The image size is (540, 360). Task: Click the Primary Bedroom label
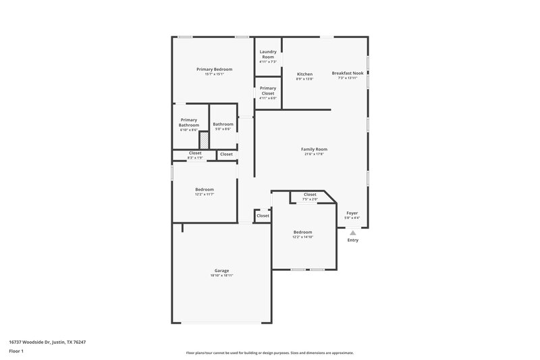pyautogui.click(x=215, y=70)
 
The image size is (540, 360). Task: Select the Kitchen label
pyautogui.click(x=304, y=74)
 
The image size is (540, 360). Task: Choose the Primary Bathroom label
pyautogui.click(x=189, y=122)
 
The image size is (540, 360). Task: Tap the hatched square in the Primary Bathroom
pyautogui.click(x=203, y=140)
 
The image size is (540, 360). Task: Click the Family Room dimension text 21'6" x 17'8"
pyautogui.click(x=315, y=154)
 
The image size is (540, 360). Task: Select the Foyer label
pyautogui.click(x=352, y=213)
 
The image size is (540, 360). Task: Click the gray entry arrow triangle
pyautogui.click(x=352, y=232)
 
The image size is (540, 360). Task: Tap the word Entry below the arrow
pyautogui.click(x=352, y=240)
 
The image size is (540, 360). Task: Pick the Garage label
pyautogui.click(x=222, y=270)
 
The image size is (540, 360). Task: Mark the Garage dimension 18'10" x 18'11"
pyautogui.click(x=222, y=276)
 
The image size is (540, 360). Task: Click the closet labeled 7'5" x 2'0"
pyautogui.click(x=310, y=197)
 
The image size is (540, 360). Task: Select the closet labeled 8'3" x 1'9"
pyautogui.click(x=195, y=155)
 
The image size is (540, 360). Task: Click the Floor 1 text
pyautogui.click(x=17, y=352)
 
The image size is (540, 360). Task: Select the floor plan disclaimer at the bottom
pyautogui.click(x=270, y=353)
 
